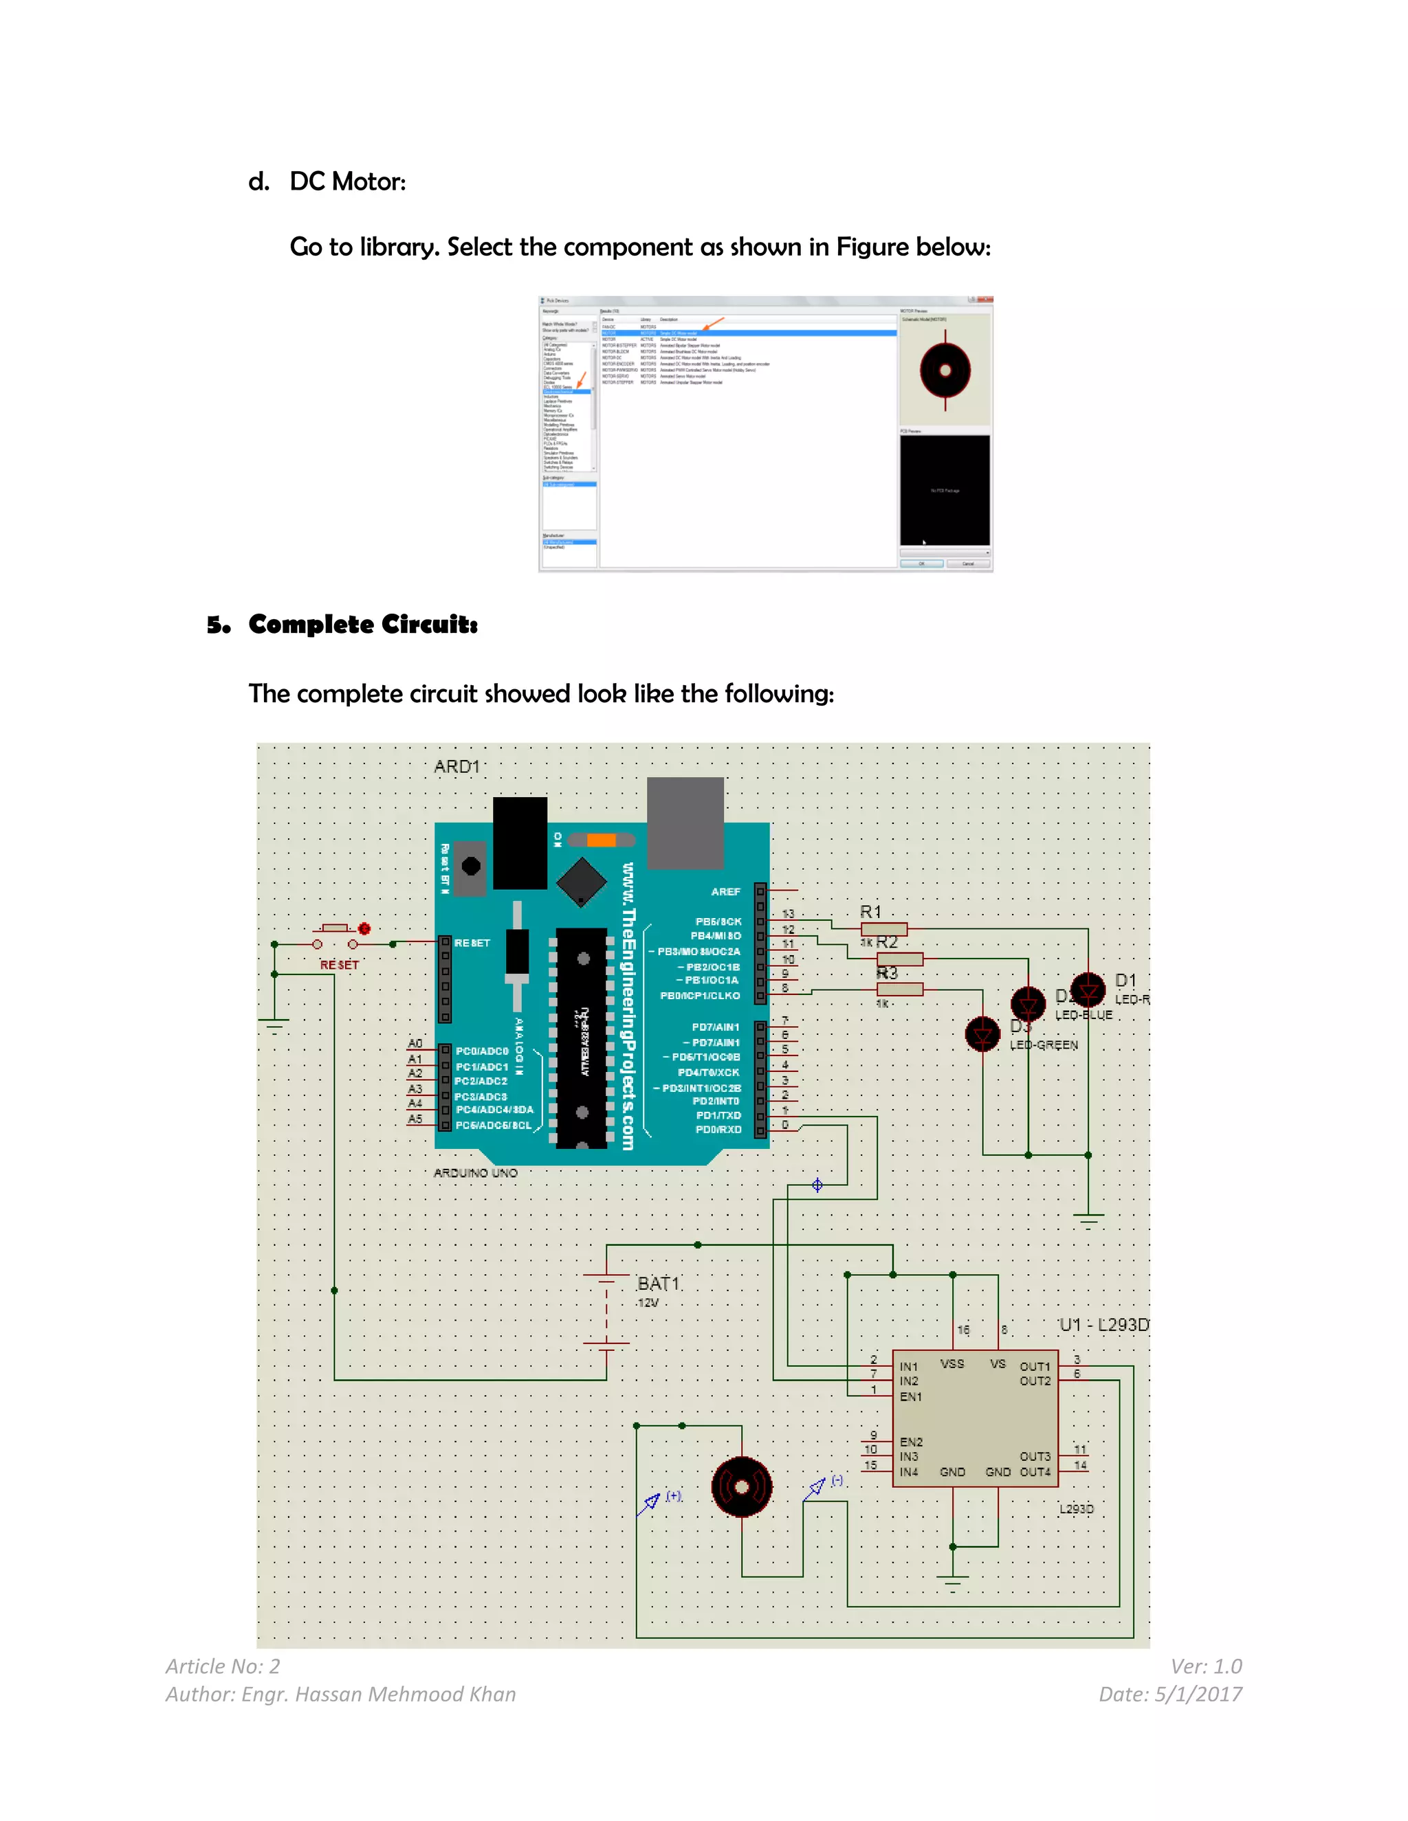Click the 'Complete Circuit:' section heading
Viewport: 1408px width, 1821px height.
click(362, 624)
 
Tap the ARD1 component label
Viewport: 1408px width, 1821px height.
click(456, 766)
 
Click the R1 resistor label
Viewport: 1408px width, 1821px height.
click(870, 911)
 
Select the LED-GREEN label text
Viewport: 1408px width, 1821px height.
click(1044, 1044)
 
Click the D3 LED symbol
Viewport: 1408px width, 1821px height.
click(982, 1035)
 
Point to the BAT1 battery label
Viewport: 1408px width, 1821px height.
click(658, 1283)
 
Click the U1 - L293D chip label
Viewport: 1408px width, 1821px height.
click(1103, 1324)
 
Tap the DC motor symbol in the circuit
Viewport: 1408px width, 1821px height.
click(742, 1486)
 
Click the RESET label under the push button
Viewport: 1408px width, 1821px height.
click(340, 965)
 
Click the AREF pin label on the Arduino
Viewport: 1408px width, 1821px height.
click(725, 891)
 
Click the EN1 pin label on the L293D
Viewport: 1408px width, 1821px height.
click(911, 1396)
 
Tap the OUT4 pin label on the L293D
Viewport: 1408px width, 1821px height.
click(1034, 1472)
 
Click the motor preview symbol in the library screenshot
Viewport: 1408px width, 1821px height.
click(945, 370)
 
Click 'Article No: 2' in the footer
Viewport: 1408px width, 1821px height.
click(223, 1666)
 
